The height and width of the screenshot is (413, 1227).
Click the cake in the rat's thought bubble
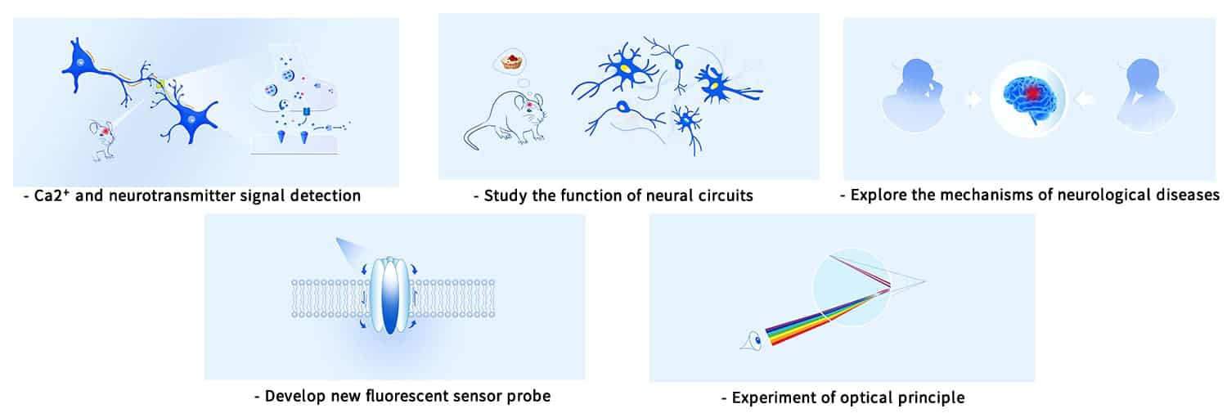click(x=513, y=61)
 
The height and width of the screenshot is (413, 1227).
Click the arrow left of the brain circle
click(x=973, y=99)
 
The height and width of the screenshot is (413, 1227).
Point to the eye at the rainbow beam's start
click(x=752, y=342)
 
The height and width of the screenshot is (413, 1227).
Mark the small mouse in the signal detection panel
click(x=102, y=138)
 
